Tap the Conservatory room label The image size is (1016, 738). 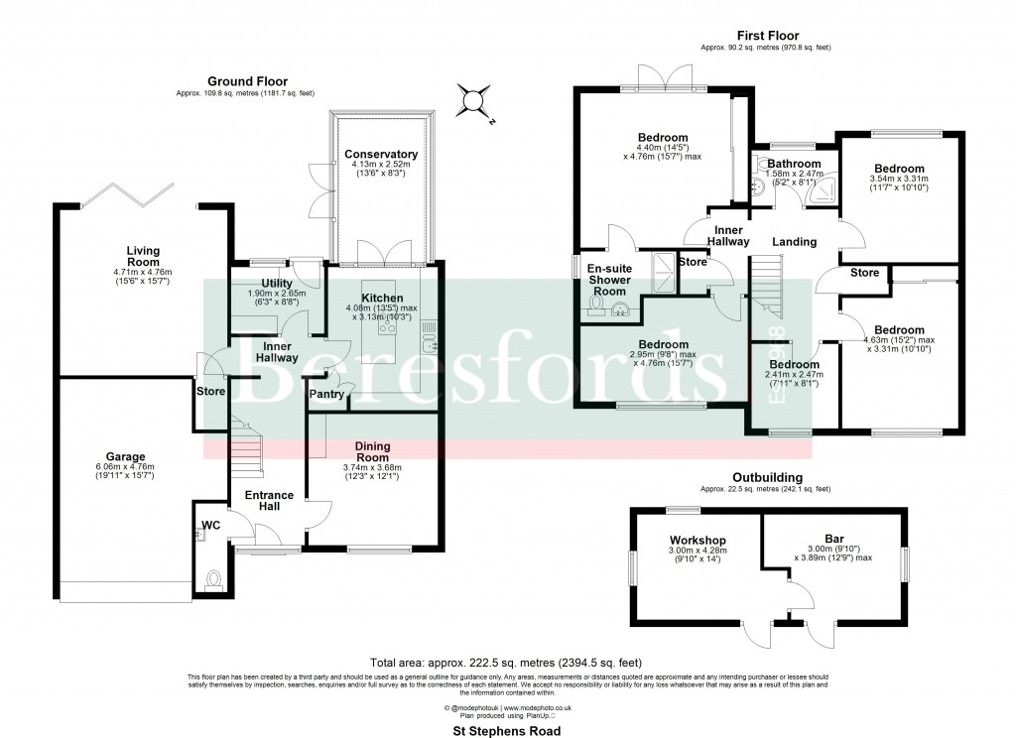381,155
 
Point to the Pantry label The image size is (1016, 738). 326,395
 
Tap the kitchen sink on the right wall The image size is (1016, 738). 429,343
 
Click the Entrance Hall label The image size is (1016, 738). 269,501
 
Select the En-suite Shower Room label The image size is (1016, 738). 609,279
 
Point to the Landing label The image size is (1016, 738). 795,242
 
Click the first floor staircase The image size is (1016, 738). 765,288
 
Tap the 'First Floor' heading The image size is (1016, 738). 766,36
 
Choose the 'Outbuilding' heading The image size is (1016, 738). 766,477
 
